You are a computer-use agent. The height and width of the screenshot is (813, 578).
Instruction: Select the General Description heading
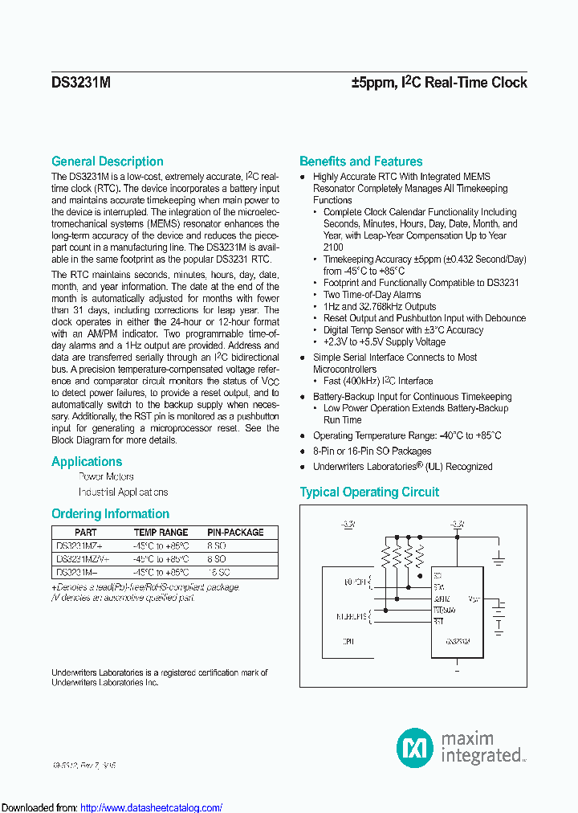point(108,161)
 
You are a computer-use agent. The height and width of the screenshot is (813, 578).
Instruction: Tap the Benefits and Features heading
point(360,161)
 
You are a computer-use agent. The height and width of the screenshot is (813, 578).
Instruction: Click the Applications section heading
point(87,462)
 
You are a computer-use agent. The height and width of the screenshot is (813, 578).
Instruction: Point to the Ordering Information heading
point(110,514)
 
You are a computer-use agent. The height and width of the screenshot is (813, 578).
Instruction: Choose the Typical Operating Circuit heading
point(369,492)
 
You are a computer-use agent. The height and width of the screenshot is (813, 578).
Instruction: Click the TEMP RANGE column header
point(161,532)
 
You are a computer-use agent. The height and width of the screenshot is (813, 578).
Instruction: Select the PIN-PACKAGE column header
point(235,532)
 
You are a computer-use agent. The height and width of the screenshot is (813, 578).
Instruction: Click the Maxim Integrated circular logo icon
point(415,747)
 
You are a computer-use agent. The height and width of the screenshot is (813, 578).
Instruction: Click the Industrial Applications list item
point(123,492)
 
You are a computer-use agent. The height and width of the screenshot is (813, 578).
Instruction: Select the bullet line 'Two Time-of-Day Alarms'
point(372,295)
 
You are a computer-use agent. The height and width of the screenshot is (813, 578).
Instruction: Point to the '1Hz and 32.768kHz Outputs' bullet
point(380,307)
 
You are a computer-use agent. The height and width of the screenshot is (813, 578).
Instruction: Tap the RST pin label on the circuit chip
point(438,621)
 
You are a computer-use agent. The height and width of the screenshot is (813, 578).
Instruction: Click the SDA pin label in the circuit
point(438,587)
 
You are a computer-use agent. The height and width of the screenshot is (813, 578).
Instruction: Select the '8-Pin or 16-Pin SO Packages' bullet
point(372,451)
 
